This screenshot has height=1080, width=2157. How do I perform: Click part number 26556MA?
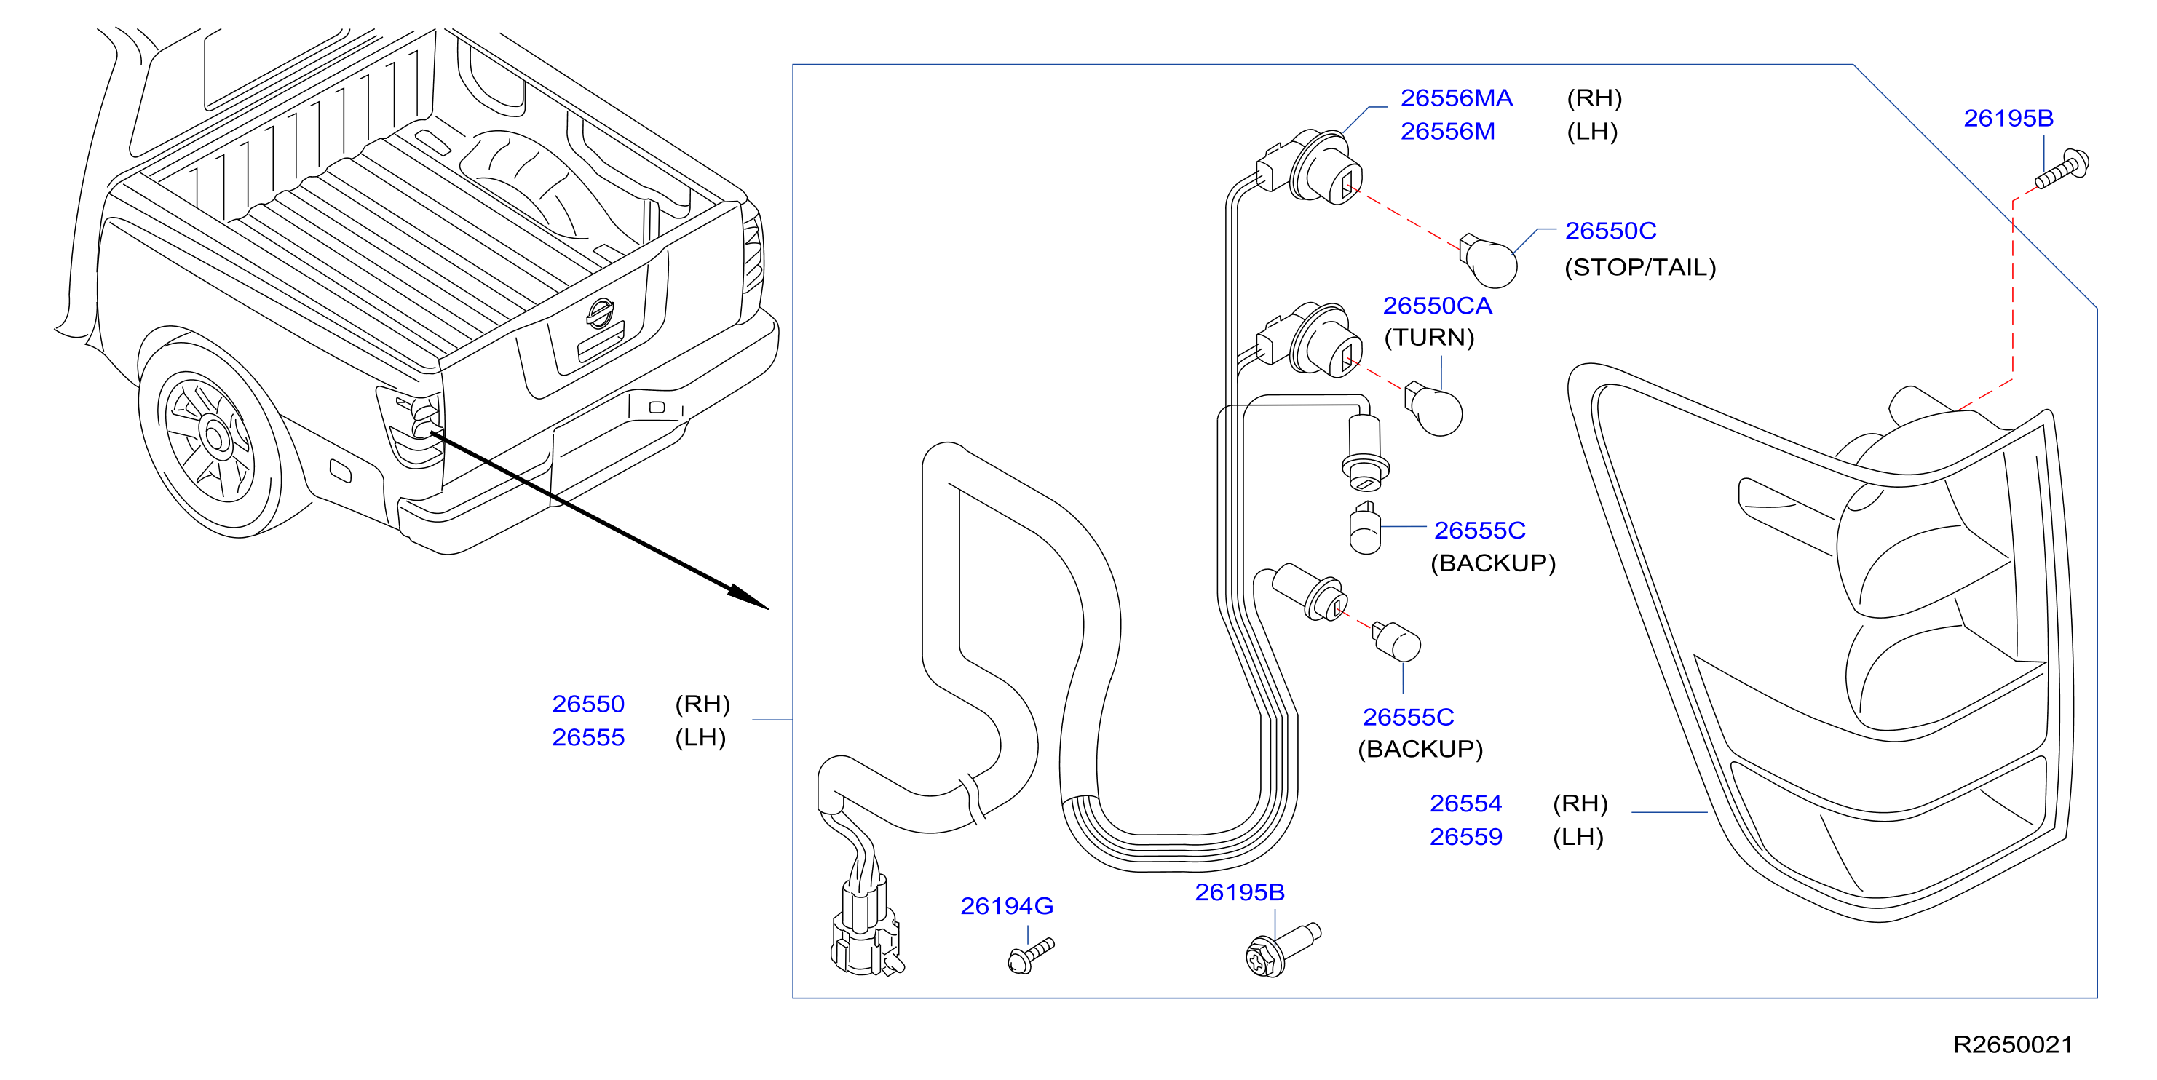[1456, 98]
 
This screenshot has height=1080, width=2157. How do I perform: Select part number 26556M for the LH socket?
[1448, 132]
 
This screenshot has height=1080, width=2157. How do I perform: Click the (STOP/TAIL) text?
[1639, 267]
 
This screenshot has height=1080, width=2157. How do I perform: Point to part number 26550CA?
[1437, 306]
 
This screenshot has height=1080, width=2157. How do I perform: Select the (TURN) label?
[1428, 338]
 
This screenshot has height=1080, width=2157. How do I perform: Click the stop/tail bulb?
[1488, 261]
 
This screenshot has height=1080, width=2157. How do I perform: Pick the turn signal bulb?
[1434, 410]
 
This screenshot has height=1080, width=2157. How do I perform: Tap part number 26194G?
[1007, 906]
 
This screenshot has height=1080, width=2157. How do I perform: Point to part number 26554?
[1465, 803]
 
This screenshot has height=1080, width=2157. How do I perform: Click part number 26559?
[1465, 836]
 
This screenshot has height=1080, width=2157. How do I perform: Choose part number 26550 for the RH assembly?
[587, 704]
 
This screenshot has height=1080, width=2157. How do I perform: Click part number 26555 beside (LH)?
[587, 737]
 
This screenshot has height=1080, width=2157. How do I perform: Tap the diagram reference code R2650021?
[2013, 1045]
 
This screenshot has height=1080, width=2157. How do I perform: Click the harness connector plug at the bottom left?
[866, 929]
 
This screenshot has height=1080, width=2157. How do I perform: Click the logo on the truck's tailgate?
[600, 314]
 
